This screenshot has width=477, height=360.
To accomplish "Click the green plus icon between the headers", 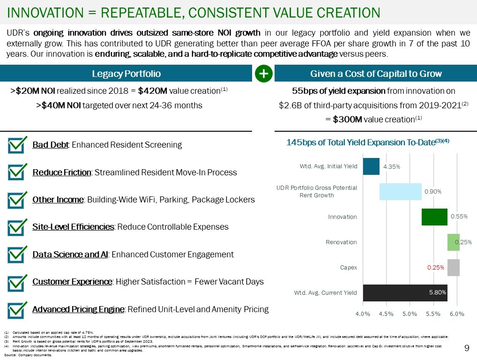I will tap(264, 74).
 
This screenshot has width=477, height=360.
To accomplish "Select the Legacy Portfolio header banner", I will tap(126, 74).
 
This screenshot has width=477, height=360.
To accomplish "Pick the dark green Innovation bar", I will tap(434, 217).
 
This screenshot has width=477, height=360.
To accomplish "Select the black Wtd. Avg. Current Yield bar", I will tap(405, 292).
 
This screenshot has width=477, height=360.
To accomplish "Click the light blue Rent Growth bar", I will tap(400, 191).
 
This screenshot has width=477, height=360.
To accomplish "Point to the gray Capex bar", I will tap(453, 268).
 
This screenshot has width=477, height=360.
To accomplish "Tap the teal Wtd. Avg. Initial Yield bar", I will tap(371, 166).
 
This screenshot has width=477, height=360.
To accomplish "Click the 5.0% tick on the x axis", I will tap(410, 314).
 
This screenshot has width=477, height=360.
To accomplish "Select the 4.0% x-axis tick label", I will tap(363, 314).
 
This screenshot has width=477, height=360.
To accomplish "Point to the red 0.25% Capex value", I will tap(435, 268).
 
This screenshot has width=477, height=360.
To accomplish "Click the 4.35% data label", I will tap(391, 166).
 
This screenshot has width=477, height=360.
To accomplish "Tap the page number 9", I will tap(466, 348).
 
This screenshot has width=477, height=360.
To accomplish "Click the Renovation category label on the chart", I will tap(341, 242).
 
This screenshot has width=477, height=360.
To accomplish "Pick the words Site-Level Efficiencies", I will tap(73, 227).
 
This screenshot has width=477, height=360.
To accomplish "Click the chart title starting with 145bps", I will tap(367, 142).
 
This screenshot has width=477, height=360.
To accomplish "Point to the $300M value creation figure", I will tap(347, 120).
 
